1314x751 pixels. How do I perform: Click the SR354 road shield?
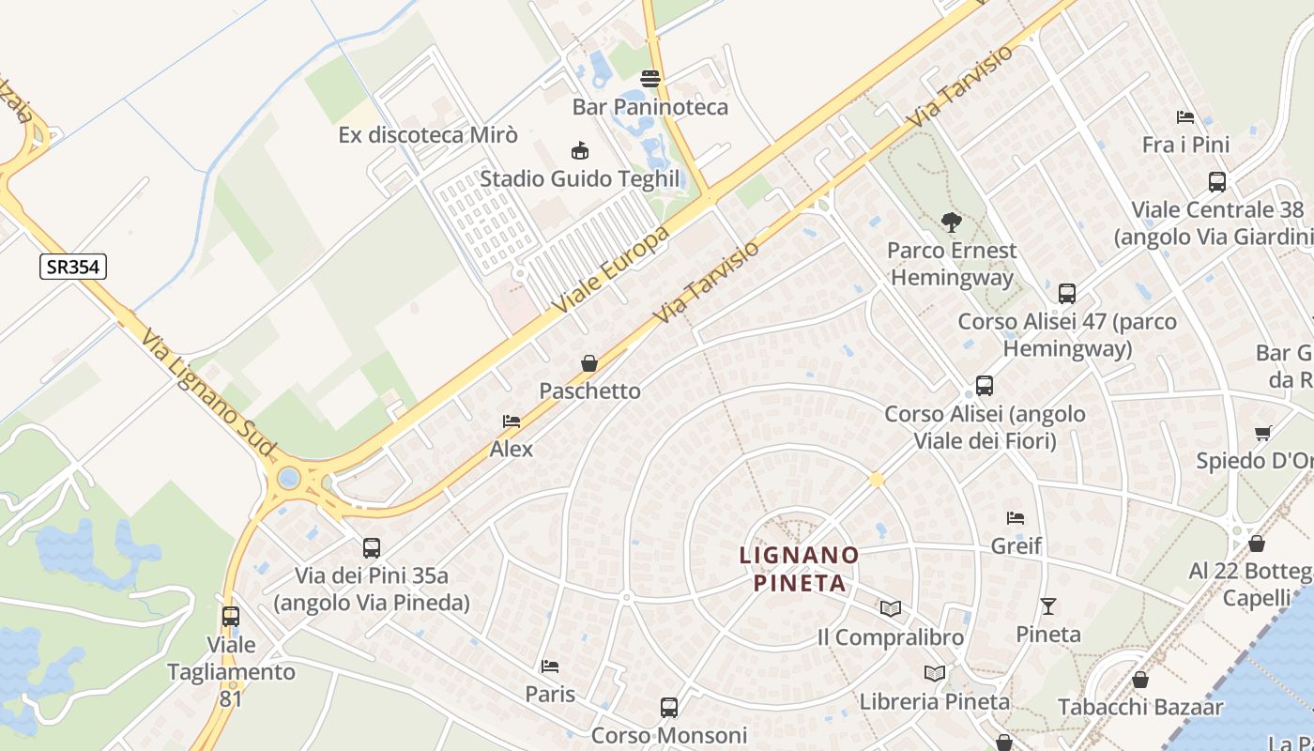(73, 267)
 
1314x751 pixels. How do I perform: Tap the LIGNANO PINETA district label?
(799, 569)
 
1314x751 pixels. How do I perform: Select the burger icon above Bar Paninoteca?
(650, 78)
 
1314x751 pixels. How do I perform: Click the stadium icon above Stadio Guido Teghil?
(580, 150)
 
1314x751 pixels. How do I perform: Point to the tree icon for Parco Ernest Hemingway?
(952, 222)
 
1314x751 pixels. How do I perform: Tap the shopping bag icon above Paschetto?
(589, 363)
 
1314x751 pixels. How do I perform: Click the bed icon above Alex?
(512, 421)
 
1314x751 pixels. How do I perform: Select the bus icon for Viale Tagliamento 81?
(231, 617)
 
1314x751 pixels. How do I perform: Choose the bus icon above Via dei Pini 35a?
(372, 547)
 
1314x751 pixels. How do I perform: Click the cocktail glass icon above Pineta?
(1048, 606)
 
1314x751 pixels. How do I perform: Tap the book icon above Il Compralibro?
(891, 609)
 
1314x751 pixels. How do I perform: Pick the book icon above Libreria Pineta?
(935, 673)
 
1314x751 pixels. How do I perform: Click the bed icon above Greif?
(1016, 517)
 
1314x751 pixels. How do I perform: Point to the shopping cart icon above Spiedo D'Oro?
(1262, 433)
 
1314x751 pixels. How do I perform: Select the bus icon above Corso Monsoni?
(669, 707)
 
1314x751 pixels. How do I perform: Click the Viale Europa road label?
(611, 269)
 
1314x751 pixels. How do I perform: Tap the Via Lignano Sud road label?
(208, 394)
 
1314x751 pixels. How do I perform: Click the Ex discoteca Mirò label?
(428, 135)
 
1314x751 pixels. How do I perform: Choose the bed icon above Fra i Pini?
(1185, 117)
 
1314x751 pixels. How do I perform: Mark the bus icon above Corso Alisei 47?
(1067, 294)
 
